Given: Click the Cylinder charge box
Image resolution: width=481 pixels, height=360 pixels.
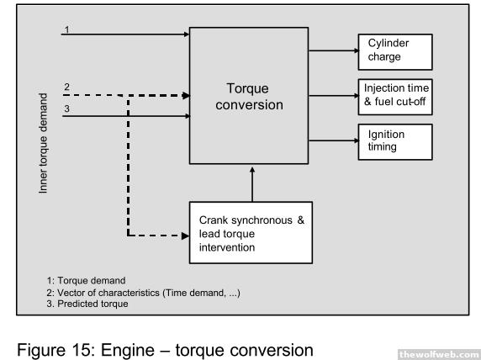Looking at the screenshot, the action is pos(395,52).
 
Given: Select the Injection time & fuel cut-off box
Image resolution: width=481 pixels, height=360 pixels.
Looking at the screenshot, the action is pos(395,97).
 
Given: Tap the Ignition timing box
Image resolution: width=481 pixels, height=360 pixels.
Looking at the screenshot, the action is pos(395,142).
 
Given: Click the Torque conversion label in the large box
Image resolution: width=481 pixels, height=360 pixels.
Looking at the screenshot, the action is pos(249,97).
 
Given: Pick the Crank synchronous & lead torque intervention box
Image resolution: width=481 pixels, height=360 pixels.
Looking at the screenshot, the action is pos(251,233).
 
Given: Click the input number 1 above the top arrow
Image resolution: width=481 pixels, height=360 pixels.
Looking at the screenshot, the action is pos(67,29).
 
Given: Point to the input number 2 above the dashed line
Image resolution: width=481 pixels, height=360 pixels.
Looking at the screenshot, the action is pos(67,87).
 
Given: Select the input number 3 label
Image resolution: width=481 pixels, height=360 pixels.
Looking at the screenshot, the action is pos(67,109).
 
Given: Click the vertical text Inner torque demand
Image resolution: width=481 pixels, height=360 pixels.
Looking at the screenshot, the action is pos(43,143).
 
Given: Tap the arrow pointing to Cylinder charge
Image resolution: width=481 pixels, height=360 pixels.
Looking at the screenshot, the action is pos(334,50).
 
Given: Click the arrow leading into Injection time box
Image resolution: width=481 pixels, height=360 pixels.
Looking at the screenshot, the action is pos(334,96).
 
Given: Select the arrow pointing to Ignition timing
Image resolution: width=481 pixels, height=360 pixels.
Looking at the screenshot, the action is pos(334,140).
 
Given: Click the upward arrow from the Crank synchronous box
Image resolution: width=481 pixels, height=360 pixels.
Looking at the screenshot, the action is pos(252,184).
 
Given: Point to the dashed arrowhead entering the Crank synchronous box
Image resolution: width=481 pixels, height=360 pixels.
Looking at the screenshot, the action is pos(185,236).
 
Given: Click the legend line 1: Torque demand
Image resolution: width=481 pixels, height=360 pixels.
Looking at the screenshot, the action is pos(87,280).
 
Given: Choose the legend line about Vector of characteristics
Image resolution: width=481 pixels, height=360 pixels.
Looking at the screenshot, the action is pos(143,293).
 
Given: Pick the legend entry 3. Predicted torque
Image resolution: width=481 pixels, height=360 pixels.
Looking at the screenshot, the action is pos(87,304).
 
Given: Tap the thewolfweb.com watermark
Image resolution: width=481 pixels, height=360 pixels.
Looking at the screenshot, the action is pos(440,354).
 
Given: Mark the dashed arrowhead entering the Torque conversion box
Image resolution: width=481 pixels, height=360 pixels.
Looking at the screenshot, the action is pos(186,95).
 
